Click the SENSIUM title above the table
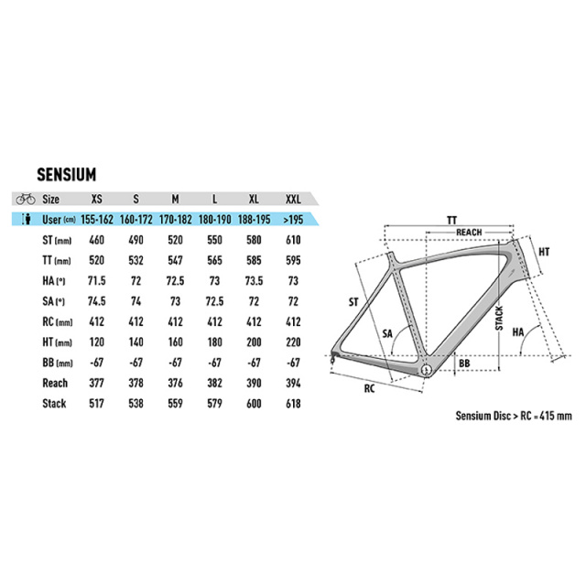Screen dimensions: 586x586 coord(67,175)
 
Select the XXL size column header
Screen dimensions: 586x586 coord(293,200)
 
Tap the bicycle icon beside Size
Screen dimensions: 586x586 coord(26,199)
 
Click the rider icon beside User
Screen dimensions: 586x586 coord(27,219)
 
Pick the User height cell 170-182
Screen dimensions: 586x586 coord(175,220)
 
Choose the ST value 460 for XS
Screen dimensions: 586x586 coord(96,240)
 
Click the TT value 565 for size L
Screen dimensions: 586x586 coord(214,260)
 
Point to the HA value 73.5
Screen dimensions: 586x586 coord(254,281)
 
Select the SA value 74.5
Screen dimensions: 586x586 coord(96,301)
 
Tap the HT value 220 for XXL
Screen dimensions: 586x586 coord(293,342)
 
